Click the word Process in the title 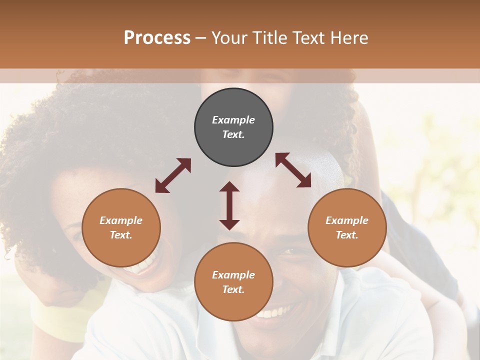[157, 38]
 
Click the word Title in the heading [270, 38]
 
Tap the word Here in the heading [349, 38]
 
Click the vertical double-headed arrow [229, 205]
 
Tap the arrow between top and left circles [173, 175]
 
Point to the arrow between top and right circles [293, 170]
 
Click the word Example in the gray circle [233, 120]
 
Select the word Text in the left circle [121, 235]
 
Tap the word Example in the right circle [347, 220]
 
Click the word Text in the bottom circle [233, 289]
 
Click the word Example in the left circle [121, 220]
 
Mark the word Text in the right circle [347, 235]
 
